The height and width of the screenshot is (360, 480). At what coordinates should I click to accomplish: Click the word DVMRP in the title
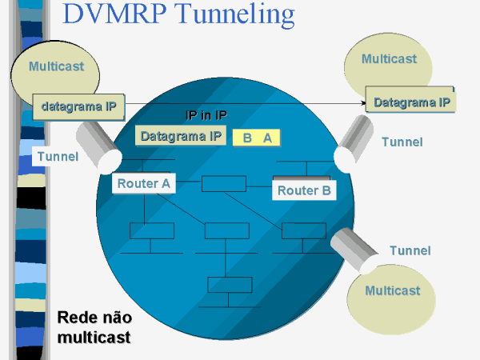114,14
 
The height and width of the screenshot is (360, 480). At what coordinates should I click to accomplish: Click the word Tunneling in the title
234,15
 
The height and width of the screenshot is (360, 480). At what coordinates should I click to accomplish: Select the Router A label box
143,183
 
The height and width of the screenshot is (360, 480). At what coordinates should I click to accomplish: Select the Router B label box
304,190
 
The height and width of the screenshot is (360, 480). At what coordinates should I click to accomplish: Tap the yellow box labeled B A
257,138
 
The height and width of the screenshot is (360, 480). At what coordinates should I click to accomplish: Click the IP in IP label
206,115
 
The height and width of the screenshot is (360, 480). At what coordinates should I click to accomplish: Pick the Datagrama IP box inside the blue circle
181,136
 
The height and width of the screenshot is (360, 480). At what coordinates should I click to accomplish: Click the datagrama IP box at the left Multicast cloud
78,106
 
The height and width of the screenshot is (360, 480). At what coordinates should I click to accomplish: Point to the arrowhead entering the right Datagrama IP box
363,103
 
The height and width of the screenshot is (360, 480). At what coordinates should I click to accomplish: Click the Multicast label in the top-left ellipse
56,66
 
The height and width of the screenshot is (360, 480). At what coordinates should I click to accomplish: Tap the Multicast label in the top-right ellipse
389,58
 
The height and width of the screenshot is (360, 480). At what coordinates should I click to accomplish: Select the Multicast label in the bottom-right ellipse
393,290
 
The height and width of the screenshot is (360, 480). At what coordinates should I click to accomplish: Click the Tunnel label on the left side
58,157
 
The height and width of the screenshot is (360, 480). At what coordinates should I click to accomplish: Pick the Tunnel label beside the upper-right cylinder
402,142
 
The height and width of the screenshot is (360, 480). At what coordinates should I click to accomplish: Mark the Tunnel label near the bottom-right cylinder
410,250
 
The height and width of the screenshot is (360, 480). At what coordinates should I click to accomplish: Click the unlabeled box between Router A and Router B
224,184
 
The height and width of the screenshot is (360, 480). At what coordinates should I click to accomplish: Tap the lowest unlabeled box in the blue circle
230,285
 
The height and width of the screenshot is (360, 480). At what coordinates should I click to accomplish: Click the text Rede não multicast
94,327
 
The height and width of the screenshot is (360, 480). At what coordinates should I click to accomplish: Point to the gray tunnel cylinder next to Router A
98,147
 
